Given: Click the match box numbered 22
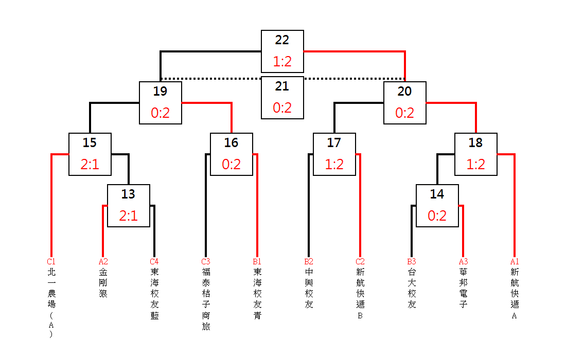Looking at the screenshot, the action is point(282,51).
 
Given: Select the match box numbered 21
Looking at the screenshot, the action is point(282,97).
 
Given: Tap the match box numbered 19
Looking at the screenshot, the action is point(160,103).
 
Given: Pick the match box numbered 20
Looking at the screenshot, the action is point(404,103).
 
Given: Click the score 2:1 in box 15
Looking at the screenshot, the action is point(90,165).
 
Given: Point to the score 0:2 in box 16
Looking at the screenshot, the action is point(232,165).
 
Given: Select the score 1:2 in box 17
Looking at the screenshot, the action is point(334,165).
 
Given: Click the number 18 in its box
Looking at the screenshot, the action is point(476,143).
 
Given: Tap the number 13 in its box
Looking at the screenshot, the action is point(128,194).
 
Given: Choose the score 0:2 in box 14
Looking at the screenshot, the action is point(437,216).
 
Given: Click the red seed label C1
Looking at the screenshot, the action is point(51,262).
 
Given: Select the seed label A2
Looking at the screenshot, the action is point(103,262).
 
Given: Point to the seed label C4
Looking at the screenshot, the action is point(154,262).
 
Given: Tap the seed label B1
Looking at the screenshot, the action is point(257,262).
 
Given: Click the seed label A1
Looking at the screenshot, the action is point(515,262).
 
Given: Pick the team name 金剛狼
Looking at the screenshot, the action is point(103,282).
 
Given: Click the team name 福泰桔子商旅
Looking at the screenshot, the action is point(206,299).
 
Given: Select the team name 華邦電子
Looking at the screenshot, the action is point(463,288).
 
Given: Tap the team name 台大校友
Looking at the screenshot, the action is point(412,288).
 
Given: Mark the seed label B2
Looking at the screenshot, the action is point(309,262).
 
